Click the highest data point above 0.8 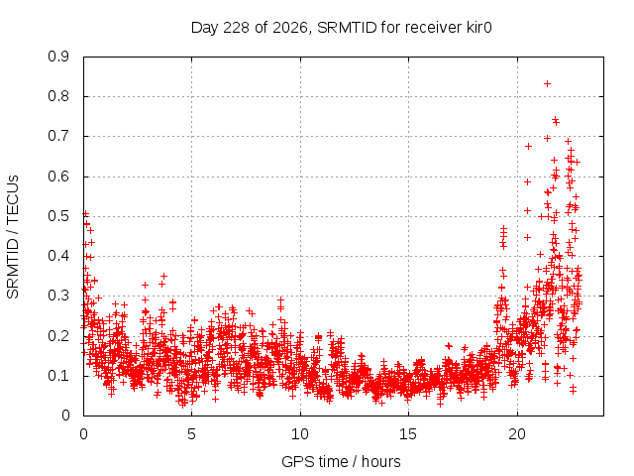(547, 83)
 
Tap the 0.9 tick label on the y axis (58, 57)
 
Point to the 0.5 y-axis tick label (58, 216)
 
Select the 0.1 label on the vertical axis (58, 376)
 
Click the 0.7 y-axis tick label (58, 137)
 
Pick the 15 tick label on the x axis (408, 434)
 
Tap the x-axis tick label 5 (191, 434)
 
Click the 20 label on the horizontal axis (517, 434)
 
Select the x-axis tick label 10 (299, 434)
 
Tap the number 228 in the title (237, 28)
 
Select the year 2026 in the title (290, 28)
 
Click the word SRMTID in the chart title (348, 28)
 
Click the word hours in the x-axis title (380, 461)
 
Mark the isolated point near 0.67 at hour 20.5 (528, 146)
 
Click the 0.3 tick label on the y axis (58, 296)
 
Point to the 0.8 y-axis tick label (58, 97)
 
